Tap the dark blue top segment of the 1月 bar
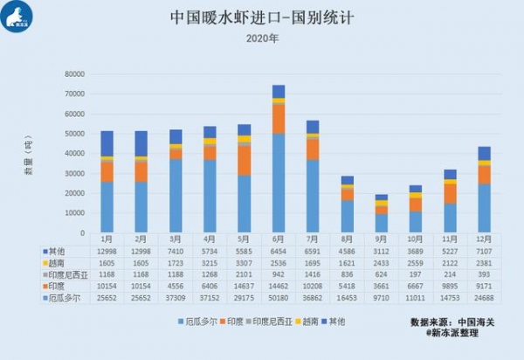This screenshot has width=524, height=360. pyautogui.click(x=107, y=143)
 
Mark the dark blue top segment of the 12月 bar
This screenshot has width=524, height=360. pyautogui.click(x=483, y=153)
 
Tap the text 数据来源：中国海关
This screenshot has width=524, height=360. pyautogui.click(x=452, y=322)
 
